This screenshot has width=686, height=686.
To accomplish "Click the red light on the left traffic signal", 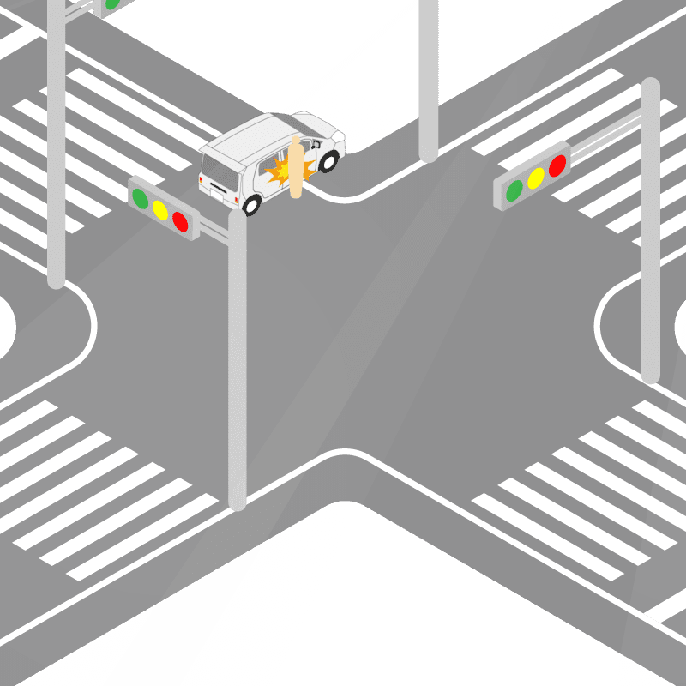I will tap(180, 221).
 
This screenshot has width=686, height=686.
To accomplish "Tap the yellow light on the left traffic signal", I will tap(159, 209).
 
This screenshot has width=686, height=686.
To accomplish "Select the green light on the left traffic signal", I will tap(140, 197).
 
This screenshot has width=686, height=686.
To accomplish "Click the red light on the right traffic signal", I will tap(557, 165).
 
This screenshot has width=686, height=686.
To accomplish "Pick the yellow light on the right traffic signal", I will tap(536, 178).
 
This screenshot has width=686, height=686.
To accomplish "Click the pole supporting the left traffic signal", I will tap(238, 360).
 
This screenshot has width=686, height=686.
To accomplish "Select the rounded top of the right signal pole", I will tap(650, 86).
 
